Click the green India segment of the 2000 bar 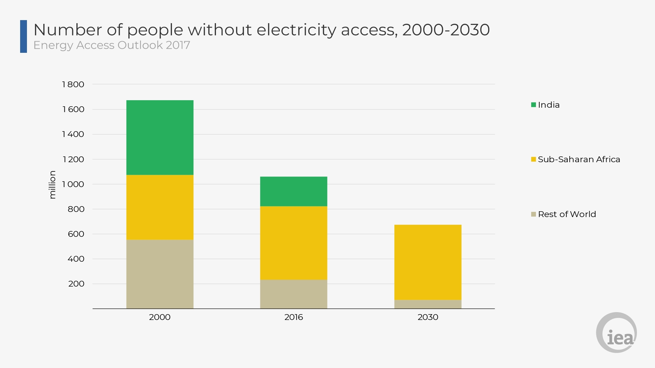point(160,137)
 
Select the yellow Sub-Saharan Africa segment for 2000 point(160,207)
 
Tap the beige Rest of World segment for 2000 point(160,274)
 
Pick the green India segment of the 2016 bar point(293,191)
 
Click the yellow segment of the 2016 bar point(293,243)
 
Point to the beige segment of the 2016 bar point(293,294)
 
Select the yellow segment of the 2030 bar point(428,262)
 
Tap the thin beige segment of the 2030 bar point(428,304)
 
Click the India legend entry point(545,105)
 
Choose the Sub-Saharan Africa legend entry point(576,159)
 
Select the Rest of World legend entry point(564,214)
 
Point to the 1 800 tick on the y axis point(73,85)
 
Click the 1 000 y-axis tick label point(73,184)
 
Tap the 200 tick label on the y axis point(76,284)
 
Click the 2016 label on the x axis point(294,317)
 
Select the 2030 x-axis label point(428,317)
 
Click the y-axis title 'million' point(52,185)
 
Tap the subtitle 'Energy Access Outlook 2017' point(112,45)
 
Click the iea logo point(616,333)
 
